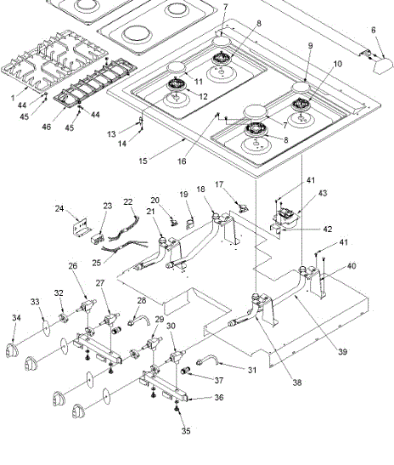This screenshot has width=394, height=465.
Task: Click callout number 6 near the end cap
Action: [x=374, y=30]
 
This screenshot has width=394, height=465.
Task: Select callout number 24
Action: [x=59, y=209]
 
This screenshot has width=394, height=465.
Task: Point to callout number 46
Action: [x=46, y=127]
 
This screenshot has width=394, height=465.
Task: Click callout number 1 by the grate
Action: [x=13, y=98]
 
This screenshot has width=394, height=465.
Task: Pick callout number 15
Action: [x=143, y=161]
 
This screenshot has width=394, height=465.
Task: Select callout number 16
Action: [x=182, y=161]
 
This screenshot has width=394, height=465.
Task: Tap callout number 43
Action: [x=323, y=193]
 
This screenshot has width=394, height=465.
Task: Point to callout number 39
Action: [x=342, y=352]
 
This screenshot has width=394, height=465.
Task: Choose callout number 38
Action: [x=297, y=383]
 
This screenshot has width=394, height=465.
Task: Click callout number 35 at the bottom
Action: [x=186, y=431]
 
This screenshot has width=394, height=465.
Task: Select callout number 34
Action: [x=17, y=318]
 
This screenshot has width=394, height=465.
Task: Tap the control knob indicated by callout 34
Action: [x=12, y=350]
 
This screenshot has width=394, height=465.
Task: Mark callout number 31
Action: [x=252, y=370]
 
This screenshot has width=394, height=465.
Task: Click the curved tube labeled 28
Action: [x=138, y=320]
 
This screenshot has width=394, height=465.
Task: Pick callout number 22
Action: [x=128, y=202]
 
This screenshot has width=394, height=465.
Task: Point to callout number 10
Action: [x=338, y=64]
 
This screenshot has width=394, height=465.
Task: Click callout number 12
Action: [x=204, y=96]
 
